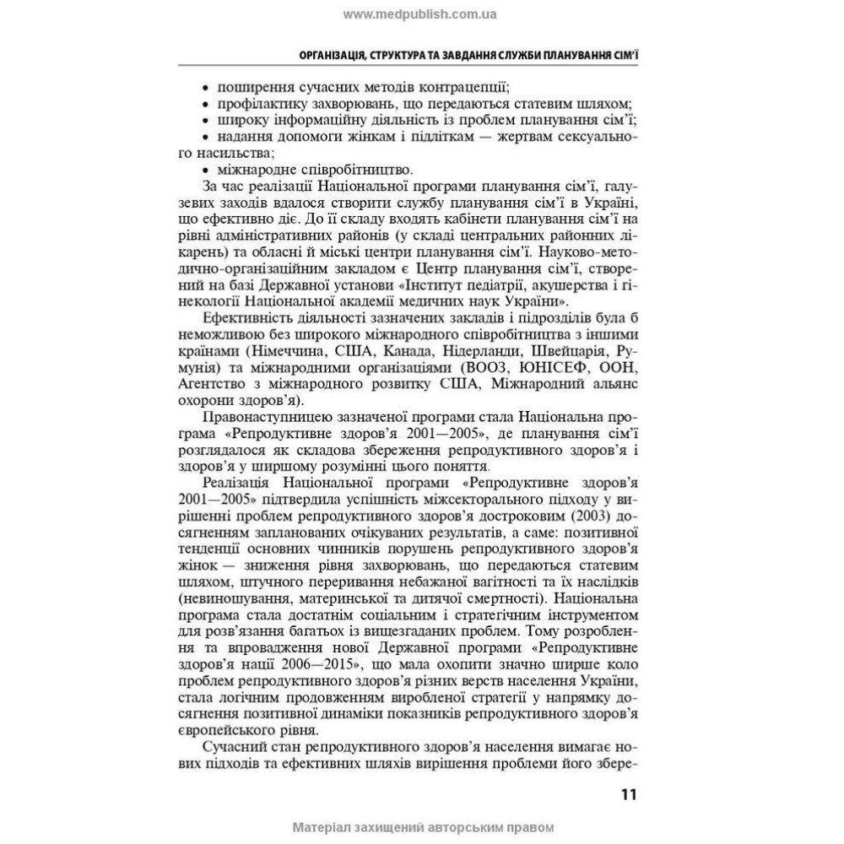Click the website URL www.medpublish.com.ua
[x=420, y=14]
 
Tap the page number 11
[x=629, y=796]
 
